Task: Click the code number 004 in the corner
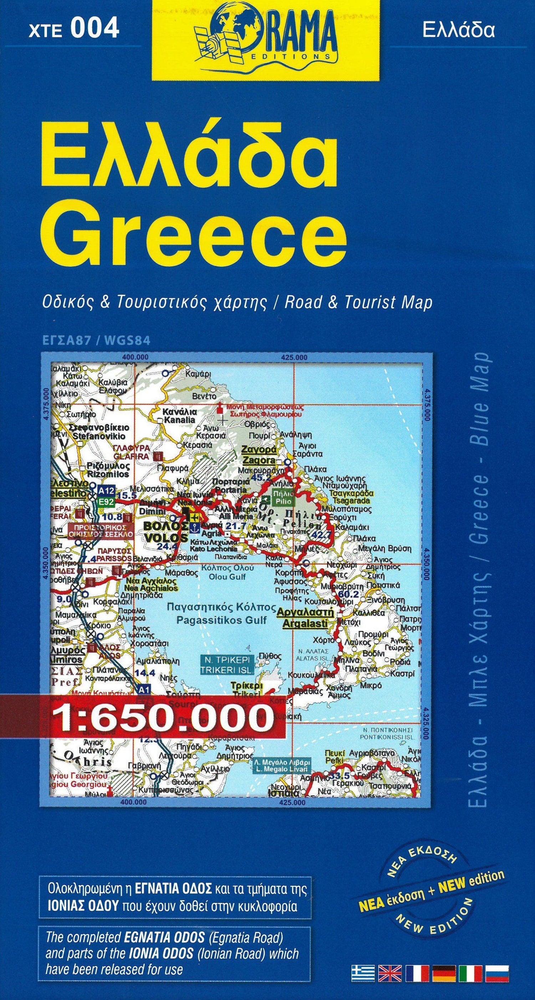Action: [x=96, y=29]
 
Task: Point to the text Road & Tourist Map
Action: [x=358, y=302]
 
